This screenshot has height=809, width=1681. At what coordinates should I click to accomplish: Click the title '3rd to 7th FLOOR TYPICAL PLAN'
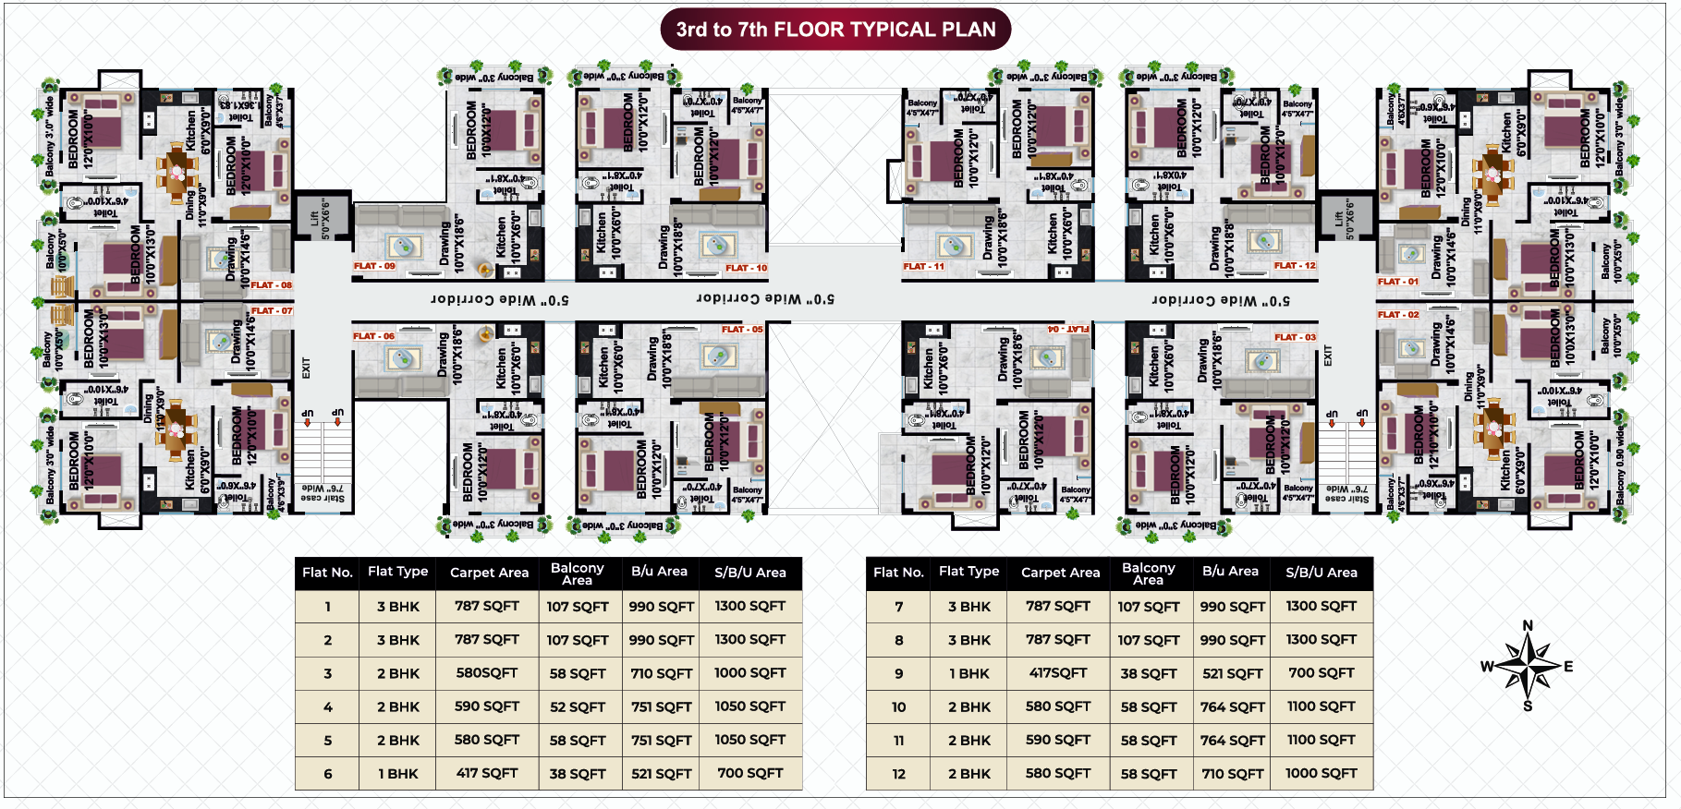click(835, 30)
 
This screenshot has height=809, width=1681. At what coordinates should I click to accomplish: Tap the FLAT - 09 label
click(374, 266)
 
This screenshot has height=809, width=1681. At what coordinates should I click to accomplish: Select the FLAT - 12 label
click(1295, 266)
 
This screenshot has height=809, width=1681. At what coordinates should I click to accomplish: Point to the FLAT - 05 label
click(742, 330)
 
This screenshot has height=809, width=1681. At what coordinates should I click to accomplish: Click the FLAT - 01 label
click(1397, 282)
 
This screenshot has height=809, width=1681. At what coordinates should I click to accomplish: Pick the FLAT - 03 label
click(1295, 337)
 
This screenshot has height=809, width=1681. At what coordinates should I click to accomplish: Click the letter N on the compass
click(1528, 626)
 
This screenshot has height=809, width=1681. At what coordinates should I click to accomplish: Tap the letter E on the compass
click(1568, 666)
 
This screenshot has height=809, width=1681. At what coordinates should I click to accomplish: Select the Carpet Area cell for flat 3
click(487, 673)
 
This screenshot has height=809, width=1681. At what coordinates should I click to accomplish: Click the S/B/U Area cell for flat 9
click(1322, 673)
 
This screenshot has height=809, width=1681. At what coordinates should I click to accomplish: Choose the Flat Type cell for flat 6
click(398, 774)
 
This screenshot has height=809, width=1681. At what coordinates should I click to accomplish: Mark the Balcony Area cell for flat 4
click(578, 706)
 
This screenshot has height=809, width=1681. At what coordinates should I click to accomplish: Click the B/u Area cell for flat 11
click(1232, 741)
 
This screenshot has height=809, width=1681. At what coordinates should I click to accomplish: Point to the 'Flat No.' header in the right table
click(898, 573)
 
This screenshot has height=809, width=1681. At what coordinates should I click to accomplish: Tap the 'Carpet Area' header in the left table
click(489, 573)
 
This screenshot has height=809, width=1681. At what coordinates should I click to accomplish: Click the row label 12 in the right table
click(898, 774)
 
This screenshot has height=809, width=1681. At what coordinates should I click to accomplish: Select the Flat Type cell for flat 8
click(969, 640)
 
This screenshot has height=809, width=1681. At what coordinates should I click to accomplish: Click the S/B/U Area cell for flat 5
click(749, 741)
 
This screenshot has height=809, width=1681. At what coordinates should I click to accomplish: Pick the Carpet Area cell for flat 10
click(1058, 706)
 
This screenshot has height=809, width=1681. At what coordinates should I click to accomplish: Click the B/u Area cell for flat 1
click(662, 607)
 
